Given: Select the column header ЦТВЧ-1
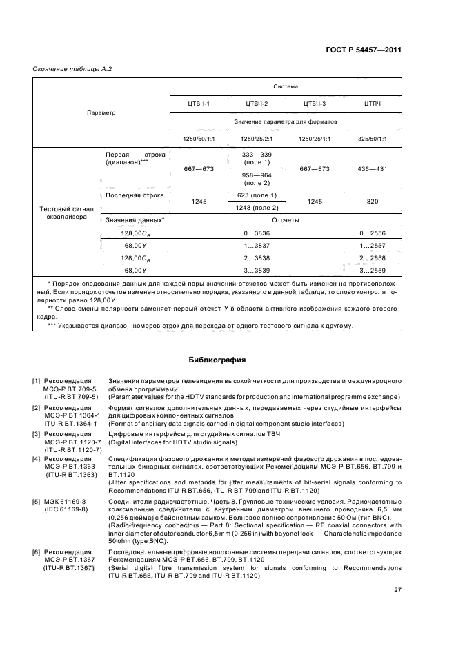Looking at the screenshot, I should pos(199,104).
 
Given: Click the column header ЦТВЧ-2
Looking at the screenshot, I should pos(257,104).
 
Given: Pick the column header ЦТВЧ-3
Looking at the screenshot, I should pos(315,104).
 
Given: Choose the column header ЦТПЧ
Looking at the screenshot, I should pos(373,104).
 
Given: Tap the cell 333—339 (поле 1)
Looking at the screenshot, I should pos(257,159).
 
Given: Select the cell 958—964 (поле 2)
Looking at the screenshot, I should pos(257,179).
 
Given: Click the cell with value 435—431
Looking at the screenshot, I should pos(373,168).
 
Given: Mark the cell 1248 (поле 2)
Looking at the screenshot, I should pos(257,207).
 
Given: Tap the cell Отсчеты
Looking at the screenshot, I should pos(286,220).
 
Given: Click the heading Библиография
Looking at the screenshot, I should pos(217,359).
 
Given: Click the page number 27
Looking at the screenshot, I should pos(397,590).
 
